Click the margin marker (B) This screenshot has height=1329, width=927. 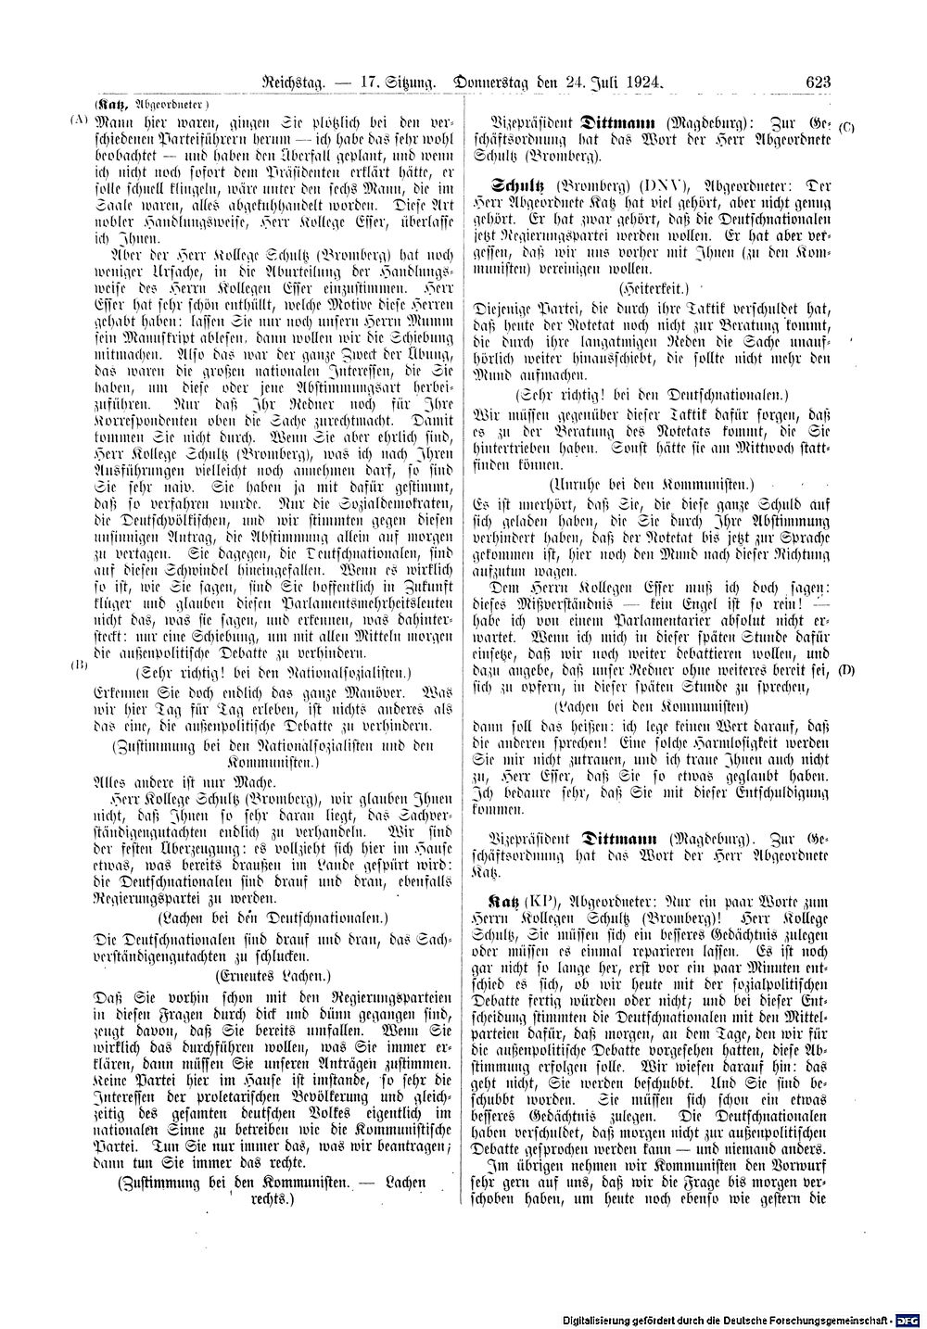click(79, 664)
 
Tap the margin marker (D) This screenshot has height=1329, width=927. click(846, 667)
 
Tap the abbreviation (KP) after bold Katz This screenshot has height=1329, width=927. click(540, 899)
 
